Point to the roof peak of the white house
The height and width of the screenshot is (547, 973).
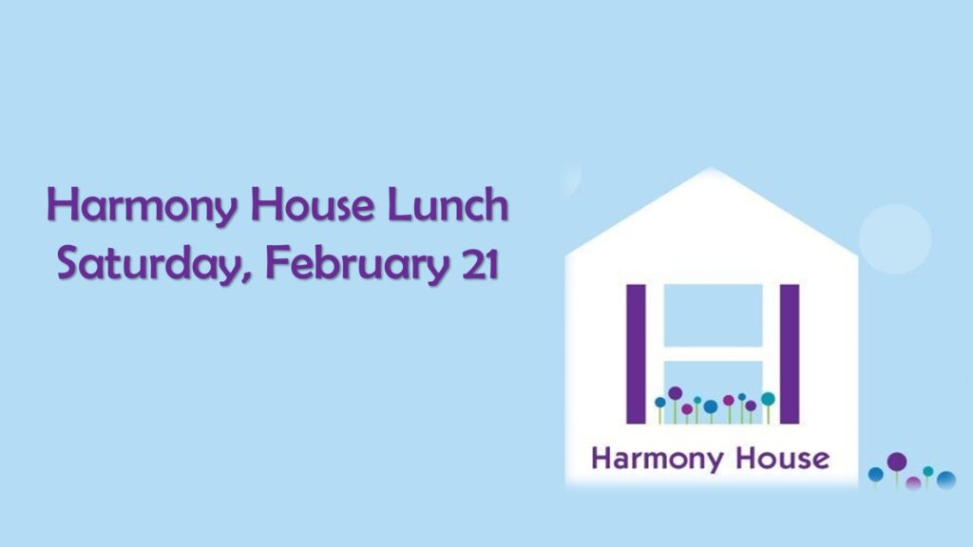pyautogui.click(x=711, y=171)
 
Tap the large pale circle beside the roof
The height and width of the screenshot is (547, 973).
pyautogui.click(x=895, y=238)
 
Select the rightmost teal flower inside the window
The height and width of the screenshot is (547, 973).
pyautogui.click(x=768, y=399)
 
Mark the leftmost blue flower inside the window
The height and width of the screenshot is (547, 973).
pyautogui.click(x=660, y=403)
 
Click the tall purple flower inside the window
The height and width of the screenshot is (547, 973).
pyautogui.click(x=676, y=393)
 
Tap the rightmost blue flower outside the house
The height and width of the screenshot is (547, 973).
pyautogui.click(x=945, y=481)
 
